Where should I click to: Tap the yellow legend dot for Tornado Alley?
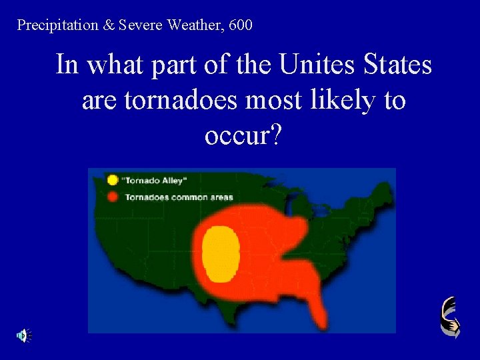coord(113,180)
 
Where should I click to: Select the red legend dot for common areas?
coord(113,196)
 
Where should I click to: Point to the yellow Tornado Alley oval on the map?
coord(221,253)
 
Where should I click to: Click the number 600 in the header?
coord(240,26)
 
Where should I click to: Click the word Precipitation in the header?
coord(56,26)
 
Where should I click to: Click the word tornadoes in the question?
coord(173,101)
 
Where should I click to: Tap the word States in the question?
coord(396,65)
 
